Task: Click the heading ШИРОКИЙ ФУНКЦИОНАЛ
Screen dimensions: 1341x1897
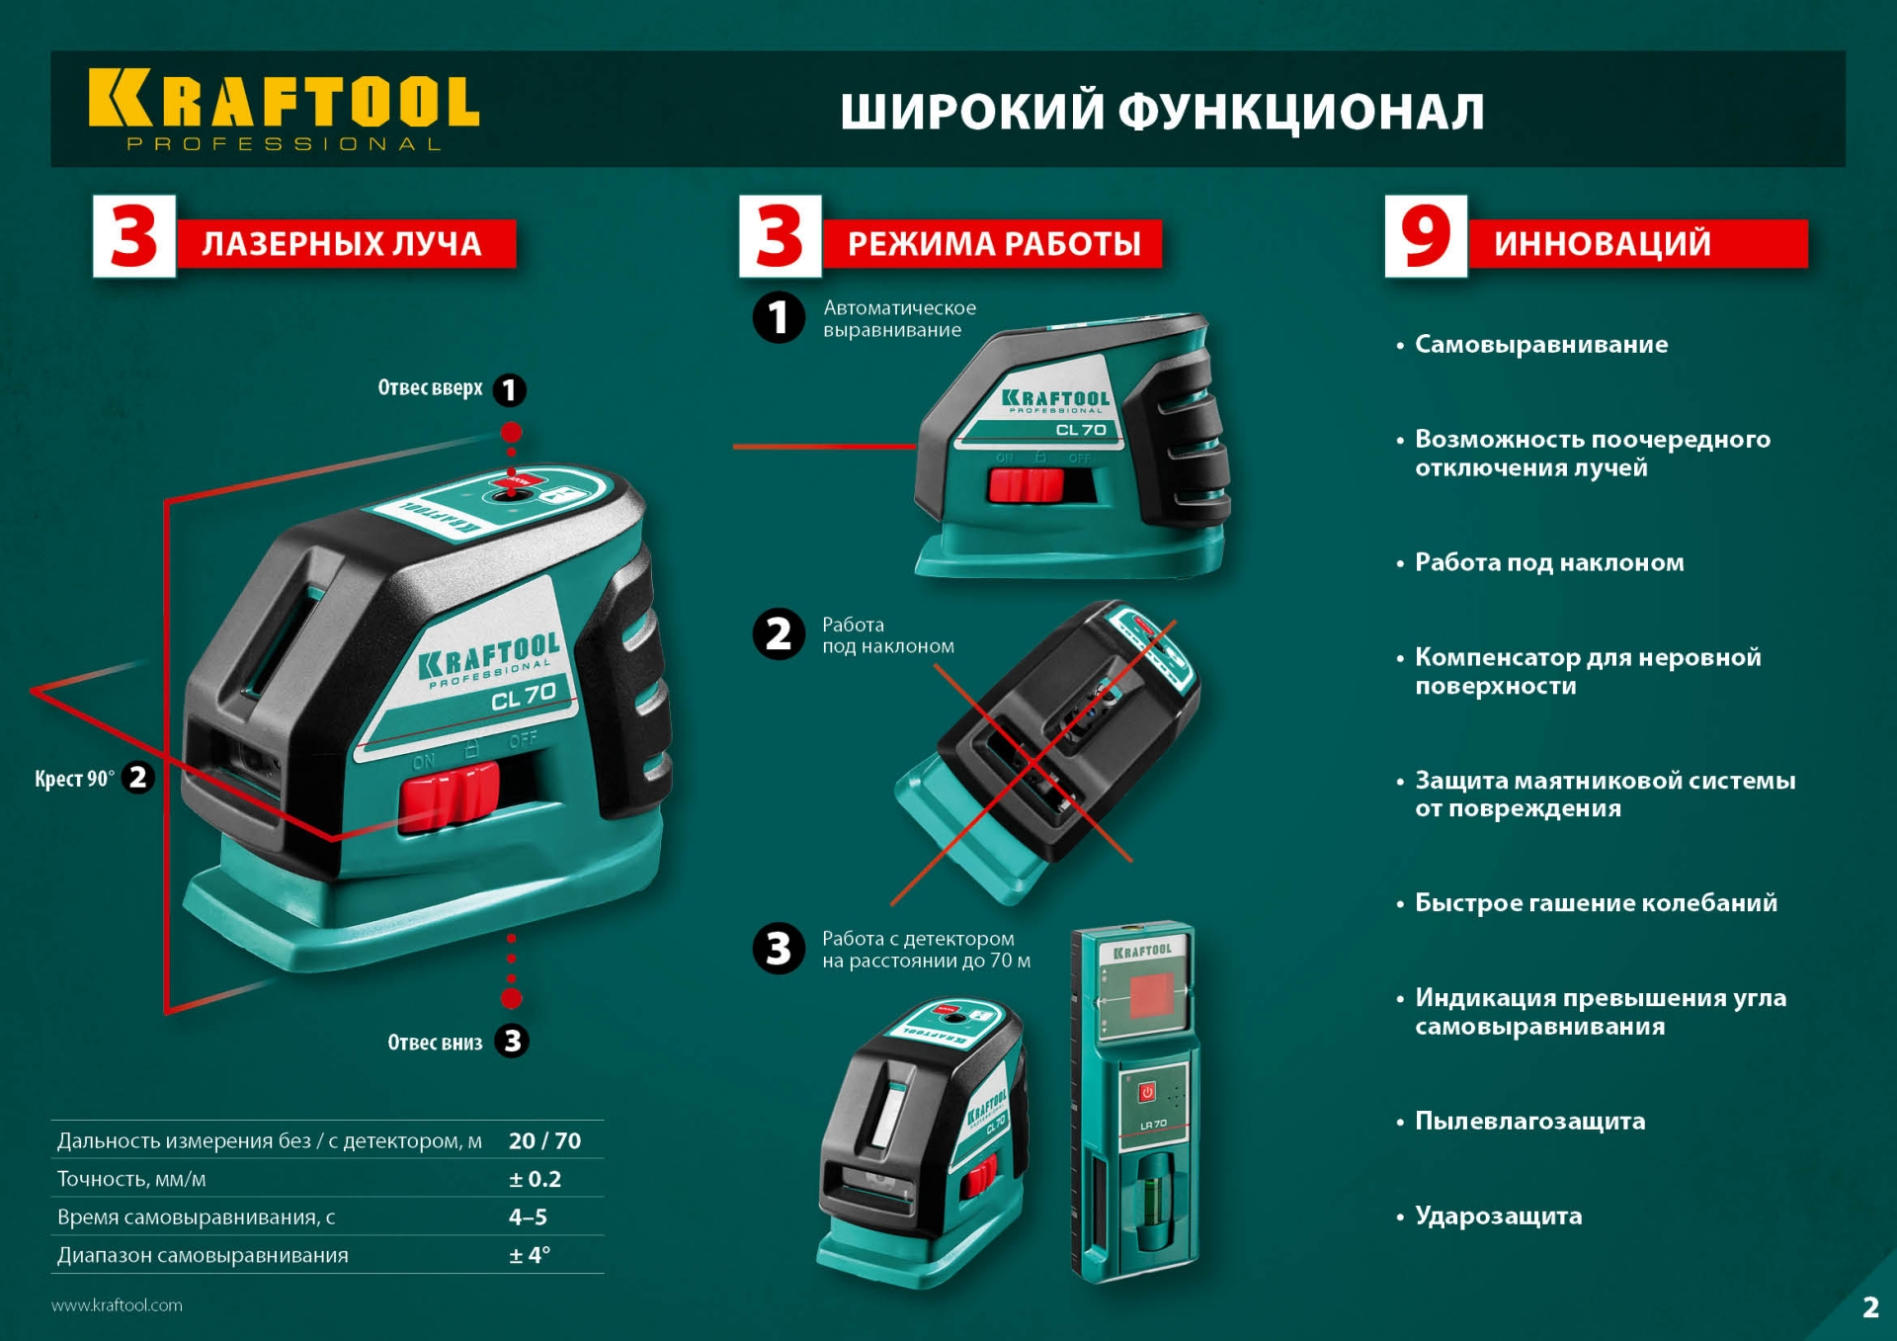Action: (1162, 111)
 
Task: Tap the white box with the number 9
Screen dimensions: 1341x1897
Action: (1425, 236)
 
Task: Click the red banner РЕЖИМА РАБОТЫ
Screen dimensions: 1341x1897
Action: (992, 243)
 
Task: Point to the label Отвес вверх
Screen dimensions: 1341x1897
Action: (430, 387)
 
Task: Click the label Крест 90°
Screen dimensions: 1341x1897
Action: (74, 779)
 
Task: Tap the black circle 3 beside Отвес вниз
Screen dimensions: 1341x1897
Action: (512, 1041)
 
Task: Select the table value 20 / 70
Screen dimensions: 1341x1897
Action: (544, 1140)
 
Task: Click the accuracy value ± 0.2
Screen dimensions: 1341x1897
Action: (535, 1179)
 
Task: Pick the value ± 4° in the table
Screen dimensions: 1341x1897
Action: (530, 1255)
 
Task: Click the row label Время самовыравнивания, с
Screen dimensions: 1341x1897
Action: (197, 1217)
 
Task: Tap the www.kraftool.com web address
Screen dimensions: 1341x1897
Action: (117, 1305)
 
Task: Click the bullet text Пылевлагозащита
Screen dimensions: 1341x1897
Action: (1529, 1121)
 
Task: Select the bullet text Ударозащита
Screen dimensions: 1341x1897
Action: (1498, 1215)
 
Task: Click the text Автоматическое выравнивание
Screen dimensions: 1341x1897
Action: (898, 318)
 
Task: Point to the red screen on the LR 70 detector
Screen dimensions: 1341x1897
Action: (1150, 995)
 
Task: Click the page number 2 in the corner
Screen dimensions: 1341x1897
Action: (1870, 1307)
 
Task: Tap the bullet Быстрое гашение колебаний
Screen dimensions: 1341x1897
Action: (1595, 902)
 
